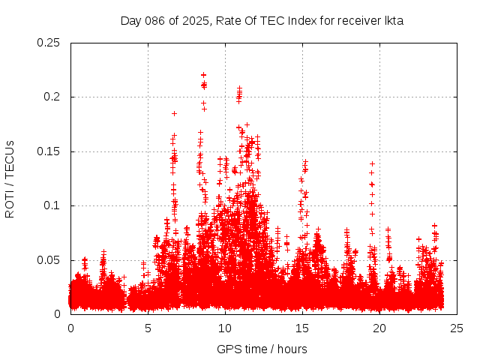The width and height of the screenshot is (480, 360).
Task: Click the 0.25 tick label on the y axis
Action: tap(49, 43)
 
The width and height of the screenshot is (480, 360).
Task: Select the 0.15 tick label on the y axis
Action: tap(49, 151)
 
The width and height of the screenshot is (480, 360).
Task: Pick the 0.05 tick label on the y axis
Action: tap(49, 260)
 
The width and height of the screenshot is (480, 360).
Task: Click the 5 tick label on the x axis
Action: tap(148, 328)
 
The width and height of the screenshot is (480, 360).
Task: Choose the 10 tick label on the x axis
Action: tap(225, 328)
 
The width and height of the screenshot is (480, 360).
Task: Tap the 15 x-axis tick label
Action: tap(302, 328)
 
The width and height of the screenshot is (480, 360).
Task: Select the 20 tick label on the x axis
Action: tap(379, 328)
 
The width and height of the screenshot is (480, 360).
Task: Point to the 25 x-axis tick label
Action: tap(457, 328)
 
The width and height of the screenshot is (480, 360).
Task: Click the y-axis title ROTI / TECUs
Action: tap(10, 178)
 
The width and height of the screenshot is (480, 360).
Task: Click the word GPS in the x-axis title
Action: tap(227, 349)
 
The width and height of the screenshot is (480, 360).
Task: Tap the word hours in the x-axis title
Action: tap(292, 349)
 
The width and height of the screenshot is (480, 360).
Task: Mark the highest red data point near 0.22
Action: tap(203, 75)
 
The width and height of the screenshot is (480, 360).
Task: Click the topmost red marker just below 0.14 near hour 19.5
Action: tap(372, 163)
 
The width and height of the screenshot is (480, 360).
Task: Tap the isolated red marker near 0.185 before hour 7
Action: tap(174, 113)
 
